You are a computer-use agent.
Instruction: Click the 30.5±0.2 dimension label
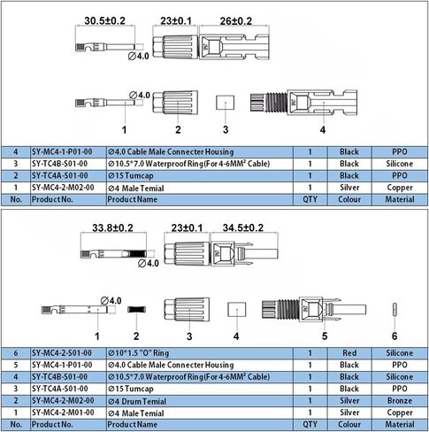[x=104, y=20]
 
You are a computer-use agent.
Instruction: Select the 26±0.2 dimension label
[x=236, y=21]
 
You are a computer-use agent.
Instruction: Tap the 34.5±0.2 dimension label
[x=243, y=228]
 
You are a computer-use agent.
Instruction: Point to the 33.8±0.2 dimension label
[x=112, y=228]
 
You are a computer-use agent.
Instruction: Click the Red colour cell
[x=349, y=353]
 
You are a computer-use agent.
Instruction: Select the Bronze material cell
[x=400, y=401]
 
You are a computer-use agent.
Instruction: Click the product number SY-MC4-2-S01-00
[x=62, y=353]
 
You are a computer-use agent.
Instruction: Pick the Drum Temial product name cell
[x=137, y=401]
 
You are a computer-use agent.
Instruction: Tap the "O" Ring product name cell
[x=139, y=353]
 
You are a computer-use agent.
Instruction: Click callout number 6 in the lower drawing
[x=395, y=336]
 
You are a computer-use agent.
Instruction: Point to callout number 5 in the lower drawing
[x=325, y=336]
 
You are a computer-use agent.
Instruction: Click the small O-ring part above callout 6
[x=395, y=311]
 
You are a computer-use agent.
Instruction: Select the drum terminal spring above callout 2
[x=136, y=310]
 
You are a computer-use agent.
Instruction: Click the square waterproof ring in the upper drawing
[x=225, y=102]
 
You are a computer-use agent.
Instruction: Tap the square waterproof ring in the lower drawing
[x=237, y=309]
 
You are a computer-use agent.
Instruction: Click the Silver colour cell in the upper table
[x=349, y=188]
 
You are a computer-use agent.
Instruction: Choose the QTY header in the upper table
[x=310, y=199]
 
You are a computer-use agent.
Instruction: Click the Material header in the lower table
[x=400, y=424]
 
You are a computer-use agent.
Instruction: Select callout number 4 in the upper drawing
[x=323, y=129]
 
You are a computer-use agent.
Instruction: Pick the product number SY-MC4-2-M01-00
[x=63, y=413]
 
